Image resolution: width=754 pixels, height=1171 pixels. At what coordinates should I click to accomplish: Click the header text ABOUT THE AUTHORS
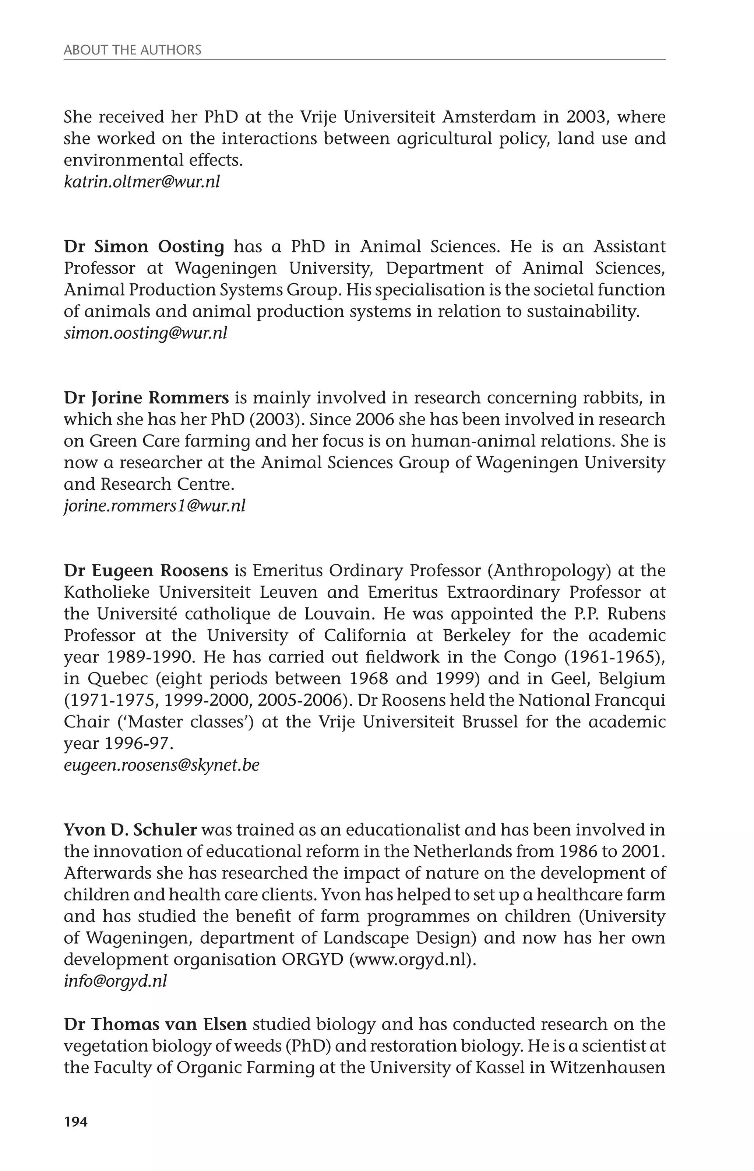pyautogui.click(x=132, y=50)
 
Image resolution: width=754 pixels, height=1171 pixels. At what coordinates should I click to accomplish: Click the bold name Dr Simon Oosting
pyautogui.click(x=144, y=247)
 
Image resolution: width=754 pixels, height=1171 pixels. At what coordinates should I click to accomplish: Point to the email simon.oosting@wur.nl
pyautogui.click(x=145, y=333)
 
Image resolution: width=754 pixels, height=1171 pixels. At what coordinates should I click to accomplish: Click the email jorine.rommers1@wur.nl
pyautogui.click(x=154, y=506)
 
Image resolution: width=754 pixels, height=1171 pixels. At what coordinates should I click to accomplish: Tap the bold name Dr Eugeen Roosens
pyautogui.click(x=146, y=571)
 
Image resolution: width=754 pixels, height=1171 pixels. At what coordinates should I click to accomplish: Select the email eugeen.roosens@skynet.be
pyautogui.click(x=162, y=765)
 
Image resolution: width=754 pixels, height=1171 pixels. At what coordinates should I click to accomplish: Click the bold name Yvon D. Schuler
pyautogui.click(x=130, y=830)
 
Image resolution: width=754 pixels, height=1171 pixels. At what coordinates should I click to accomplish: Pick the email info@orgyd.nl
pyautogui.click(x=115, y=981)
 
